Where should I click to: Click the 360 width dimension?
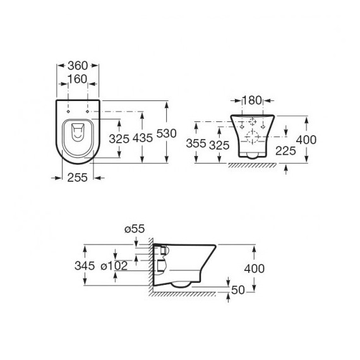(78, 66)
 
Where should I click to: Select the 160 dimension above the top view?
(78, 79)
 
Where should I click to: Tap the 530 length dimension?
(167, 133)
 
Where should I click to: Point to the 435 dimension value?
(143, 138)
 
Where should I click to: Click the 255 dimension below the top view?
(78, 177)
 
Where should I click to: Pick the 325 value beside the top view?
(119, 139)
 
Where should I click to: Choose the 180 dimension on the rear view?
(252, 100)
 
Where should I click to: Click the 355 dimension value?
(196, 143)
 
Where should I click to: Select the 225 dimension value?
(285, 151)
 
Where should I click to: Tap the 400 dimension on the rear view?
(306, 140)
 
